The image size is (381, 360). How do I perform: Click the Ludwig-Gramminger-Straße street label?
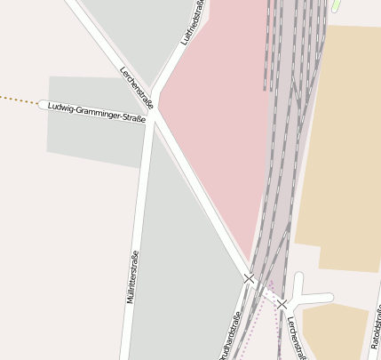click(x=96, y=107)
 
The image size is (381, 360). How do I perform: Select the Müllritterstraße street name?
click(x=132, y=276)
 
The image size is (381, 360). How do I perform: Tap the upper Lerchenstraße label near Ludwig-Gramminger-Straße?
click(x=136, y=86)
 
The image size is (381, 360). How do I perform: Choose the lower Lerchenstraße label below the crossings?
click(x=296, y=340)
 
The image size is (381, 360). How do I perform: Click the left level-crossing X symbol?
click(x=250, y=279)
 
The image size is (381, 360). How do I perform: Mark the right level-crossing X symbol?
click(x=282, y=304)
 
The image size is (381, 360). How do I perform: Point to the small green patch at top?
click(x=337, y=5)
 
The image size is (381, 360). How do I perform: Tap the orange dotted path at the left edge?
click(x=18, y=98)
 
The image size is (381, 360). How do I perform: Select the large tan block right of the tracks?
click(x=342, y=142)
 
